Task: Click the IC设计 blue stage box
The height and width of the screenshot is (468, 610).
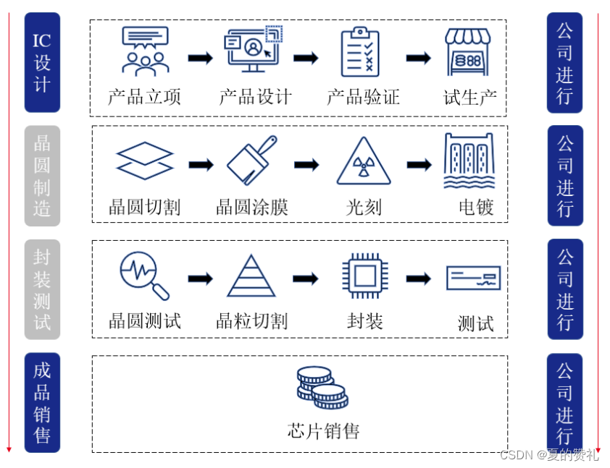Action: tap(42, 63)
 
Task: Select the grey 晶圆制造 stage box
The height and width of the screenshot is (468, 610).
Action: tap(42, 176)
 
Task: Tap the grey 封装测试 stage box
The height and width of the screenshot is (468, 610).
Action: tap(42, 289)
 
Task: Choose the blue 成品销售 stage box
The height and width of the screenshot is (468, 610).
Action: tap(42, 402)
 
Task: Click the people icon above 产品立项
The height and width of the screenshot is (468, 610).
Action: tap(145, 51)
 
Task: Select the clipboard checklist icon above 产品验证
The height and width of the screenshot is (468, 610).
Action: tap(360, 51)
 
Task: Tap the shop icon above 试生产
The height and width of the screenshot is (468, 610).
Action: tap(468, 51)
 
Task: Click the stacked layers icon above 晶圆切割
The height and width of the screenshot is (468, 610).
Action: tap(145, 161)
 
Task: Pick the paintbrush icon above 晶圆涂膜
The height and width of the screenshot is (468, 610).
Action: tap(252, 161)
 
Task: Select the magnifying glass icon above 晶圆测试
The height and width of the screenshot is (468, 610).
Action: tap(144, 276)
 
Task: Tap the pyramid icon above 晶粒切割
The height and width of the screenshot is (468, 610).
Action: tap(251, 276)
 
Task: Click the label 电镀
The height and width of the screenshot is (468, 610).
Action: tap(476, 208)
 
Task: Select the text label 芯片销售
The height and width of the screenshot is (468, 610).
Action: tap(323, 432)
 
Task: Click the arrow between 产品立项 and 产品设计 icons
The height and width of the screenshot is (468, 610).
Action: tap(200, 58)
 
